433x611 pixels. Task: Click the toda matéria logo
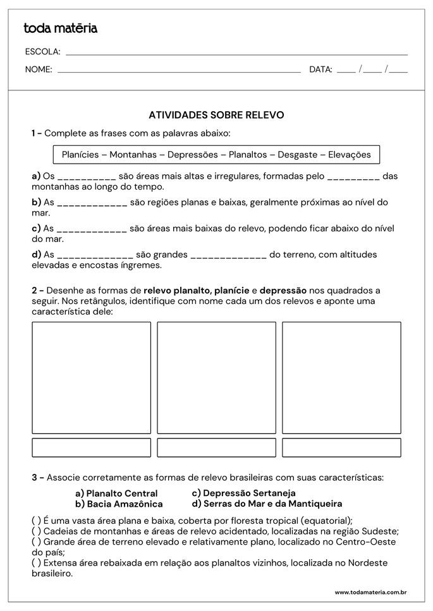(60, 28)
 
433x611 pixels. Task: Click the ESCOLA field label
(42, 52)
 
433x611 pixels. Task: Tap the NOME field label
(39, 70)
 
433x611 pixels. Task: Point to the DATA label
(320, 70)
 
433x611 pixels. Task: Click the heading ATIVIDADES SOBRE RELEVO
(216, 115)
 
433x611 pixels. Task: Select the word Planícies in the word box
(83, 154)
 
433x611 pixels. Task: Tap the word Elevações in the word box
(350, 154)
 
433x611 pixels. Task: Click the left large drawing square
(91, 378)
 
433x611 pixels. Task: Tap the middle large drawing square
(216, 378)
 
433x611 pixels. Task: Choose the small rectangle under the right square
(341, 447)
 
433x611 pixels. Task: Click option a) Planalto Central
(116, 493)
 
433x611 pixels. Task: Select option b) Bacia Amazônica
(119, 504)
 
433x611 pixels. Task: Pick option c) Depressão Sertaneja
(243, 493)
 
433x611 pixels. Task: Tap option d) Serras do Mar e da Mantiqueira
(267, 504)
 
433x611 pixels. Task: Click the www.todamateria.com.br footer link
(370, 592)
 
